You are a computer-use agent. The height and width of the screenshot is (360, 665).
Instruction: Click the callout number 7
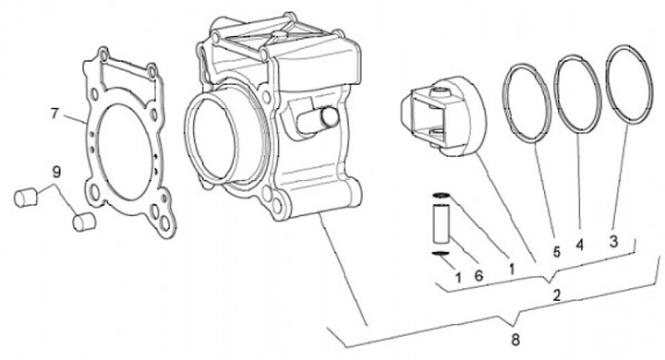[x=54, y=114]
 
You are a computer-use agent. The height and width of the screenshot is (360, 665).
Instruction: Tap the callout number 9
[x=56, y=172]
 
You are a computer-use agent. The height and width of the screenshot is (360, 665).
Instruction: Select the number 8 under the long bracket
[x=515, y=339]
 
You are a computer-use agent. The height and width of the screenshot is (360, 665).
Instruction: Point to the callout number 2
[x=556, y=295]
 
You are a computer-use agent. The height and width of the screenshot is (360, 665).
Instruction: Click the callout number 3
[x=613, y=242]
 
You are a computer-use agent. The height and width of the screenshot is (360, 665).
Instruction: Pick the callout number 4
[x=579, y=245]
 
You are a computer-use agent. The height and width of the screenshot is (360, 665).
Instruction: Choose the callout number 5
[x=556, y=252]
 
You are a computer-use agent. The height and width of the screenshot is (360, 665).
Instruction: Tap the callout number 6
[x=478, y=276]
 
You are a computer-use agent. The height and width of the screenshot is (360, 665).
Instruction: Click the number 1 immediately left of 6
[x=458, y=278]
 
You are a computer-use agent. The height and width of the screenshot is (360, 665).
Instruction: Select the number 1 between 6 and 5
[x=512, y=268]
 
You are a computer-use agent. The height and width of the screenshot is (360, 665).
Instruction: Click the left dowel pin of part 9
[x=26, y=198]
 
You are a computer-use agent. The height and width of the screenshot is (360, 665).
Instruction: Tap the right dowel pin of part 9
[x=84, y=222]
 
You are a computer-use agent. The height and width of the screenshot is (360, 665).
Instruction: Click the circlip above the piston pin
[x=441, y=196]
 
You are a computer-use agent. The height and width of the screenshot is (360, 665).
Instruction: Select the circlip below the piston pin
[x=441, y=254]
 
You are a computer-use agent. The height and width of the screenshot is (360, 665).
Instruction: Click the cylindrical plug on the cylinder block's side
[x=317, y=120]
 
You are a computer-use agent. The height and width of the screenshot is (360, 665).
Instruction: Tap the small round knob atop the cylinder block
[x=280, y=34]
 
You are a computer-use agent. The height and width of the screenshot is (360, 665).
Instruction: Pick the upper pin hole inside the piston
[x=439, y=92]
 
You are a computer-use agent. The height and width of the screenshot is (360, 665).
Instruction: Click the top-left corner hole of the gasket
[x=103, y=54]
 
